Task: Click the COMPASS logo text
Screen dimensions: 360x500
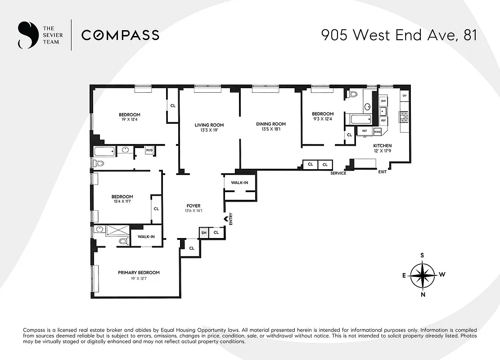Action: coord(120,35)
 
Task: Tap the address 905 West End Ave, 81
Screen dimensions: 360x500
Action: coord(399,35)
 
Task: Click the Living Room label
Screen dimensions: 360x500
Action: coord(209,125)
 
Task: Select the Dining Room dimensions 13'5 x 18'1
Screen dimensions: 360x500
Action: coord(271,130)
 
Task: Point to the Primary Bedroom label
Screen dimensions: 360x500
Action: coord(139,273)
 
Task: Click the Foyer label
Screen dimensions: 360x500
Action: coord(194,206)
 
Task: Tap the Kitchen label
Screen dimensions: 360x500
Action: coord(382,146)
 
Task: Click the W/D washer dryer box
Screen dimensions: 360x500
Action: coord(149,151)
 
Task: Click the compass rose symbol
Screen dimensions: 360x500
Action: coord(422,274)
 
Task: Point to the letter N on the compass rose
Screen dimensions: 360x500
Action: coord(422,295)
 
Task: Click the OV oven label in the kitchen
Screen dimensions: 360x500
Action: coord(404,96)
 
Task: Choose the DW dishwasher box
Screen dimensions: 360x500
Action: coord(383,101)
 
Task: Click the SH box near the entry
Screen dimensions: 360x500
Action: coord(204,233)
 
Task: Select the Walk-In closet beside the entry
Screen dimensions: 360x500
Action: coord(239,183)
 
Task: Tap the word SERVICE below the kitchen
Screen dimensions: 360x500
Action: coord(338,173)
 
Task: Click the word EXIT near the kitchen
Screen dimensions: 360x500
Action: coord(382,172)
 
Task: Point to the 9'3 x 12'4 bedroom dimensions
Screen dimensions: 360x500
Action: coord(323,119)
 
